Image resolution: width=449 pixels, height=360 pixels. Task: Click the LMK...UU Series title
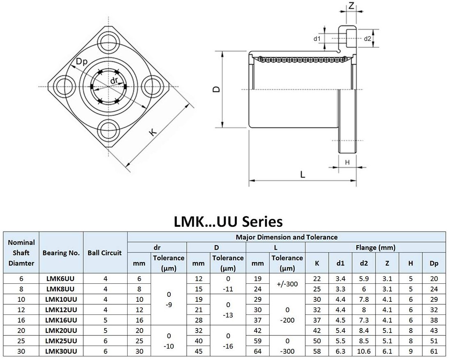(x=228, y=221)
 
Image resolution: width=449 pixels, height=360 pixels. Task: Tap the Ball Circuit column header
(x=105, y=253)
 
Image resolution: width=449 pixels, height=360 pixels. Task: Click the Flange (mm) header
(x=375, y=247)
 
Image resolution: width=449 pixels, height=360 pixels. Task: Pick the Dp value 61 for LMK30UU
(x=434, y=351)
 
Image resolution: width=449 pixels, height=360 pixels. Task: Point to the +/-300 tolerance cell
(x=287, y=283)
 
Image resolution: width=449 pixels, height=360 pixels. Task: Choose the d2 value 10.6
(x=364, y=351)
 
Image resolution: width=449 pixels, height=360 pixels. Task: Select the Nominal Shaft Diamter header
(x=21, y=253)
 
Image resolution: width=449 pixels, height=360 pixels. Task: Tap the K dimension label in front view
(x=153, y=132)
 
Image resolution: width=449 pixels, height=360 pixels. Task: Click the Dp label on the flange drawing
(x=82, y=62)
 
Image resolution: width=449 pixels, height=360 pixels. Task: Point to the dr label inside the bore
(x=115, y=81)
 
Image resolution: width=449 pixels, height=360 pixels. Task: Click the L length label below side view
(x=302, y=174)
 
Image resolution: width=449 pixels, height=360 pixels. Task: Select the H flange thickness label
(x=347, y=162)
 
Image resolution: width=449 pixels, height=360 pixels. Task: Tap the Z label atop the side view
(x=351, y=5)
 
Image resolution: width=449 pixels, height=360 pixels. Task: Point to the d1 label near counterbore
(x=316, y=39)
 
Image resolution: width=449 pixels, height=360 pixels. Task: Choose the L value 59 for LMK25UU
(x=257, y=341)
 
